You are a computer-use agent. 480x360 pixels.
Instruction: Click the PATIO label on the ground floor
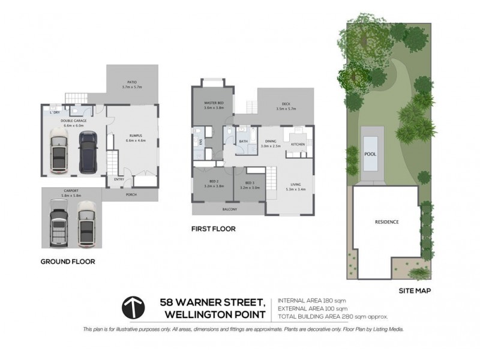[x=132, y=82]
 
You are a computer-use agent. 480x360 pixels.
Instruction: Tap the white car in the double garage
[x=59, y=152]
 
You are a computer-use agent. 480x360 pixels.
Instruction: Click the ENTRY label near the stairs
[x=119, y=178]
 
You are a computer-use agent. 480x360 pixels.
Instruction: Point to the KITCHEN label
[x=298, y=145]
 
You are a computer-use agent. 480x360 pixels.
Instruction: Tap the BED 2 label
[x=214, y=182]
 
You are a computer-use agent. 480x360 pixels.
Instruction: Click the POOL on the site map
[x=370, y=153]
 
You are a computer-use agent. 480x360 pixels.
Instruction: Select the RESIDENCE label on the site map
[x=386, y=221]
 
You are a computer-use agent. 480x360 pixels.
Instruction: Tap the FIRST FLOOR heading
[x=213, y=229]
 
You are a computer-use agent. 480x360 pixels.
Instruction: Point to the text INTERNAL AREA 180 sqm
[x=312, y=299]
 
